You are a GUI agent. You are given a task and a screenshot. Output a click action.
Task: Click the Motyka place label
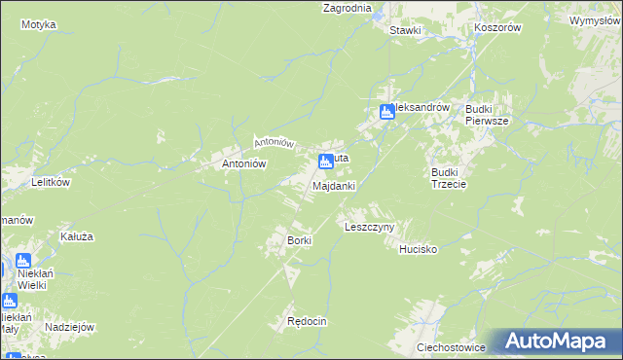pyautogui.click(x=38, y=24)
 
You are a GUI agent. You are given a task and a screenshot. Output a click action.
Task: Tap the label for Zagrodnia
pyautogui.click(x=348, y=8)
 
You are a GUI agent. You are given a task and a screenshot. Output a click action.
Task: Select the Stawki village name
pyautogui.click(x=405, y=30)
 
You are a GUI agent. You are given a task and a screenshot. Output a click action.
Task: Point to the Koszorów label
pyautogui.click(x=498, y=28)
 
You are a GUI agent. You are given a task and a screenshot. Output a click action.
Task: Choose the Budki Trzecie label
pyautogui.click(x=449, y=178)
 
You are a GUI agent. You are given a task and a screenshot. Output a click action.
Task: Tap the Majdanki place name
pyautogui.click(x=333, y=186)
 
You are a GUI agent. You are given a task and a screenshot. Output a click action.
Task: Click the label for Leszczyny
pyautogui.click(x=369, y=227)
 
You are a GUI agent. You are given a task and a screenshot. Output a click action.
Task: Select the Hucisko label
pyautogui.click(x=419, y=250)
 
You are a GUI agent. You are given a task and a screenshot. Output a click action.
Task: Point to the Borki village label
pyautogui.click(x=298, y=240)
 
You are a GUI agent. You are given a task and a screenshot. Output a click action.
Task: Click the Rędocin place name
pyautogui.click(x=306, y=322)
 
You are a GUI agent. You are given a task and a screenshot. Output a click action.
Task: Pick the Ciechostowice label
pyautogui.click(x=451, y=346)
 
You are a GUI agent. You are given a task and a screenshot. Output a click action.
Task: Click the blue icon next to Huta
pyautogui.click(x=325, y=161)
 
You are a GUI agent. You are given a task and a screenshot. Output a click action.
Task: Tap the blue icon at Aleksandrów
pyautogui.click(x=386, y=112)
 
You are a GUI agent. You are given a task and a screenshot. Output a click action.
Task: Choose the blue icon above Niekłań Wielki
pyautogui.click(x=23, y=261)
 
